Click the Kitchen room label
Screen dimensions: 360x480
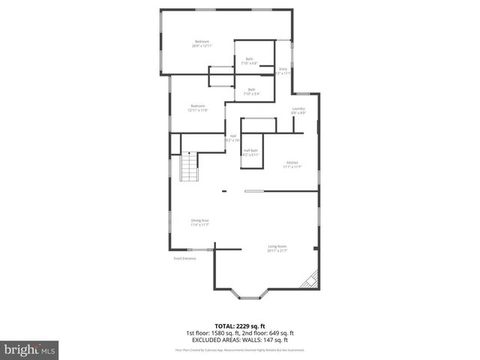coord(292,164)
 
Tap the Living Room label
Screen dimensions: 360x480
coord(277,248)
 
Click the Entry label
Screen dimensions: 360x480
coord(283,71)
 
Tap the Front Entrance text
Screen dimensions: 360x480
coord(184,259)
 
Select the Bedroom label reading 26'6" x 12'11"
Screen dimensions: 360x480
coord(202,43)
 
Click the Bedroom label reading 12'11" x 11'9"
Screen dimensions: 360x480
coord(197,108)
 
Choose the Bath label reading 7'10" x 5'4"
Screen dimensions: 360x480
coord(251,91)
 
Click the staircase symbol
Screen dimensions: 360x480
coord(190,166)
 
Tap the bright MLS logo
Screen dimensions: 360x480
coord(30,349)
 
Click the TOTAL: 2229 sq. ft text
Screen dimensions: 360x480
coord(239,326)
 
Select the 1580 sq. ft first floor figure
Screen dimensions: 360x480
coord(218,332)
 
